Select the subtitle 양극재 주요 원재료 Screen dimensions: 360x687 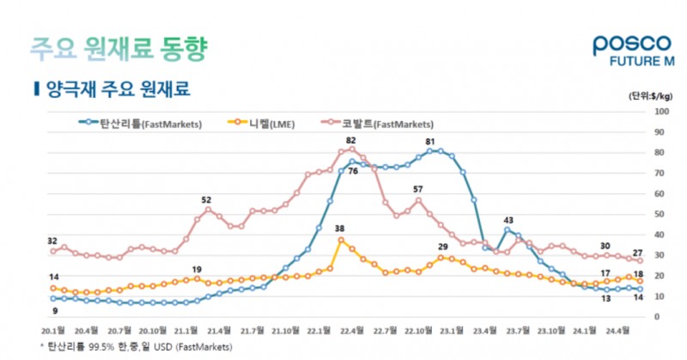(x=112, y=88)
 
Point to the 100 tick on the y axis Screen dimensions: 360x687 (x=662, y=112)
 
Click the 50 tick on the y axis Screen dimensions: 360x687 (x=660, y=214)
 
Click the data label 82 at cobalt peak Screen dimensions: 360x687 (x=350, y=140)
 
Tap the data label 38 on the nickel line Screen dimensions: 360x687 (x=339, y=229)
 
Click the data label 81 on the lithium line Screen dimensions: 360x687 (x=430, y=142)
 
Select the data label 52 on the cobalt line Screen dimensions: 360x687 (x=206, y=199)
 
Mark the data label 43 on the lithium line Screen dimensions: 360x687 (x=508, y=221)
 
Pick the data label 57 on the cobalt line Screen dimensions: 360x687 (x=418, y=189)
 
